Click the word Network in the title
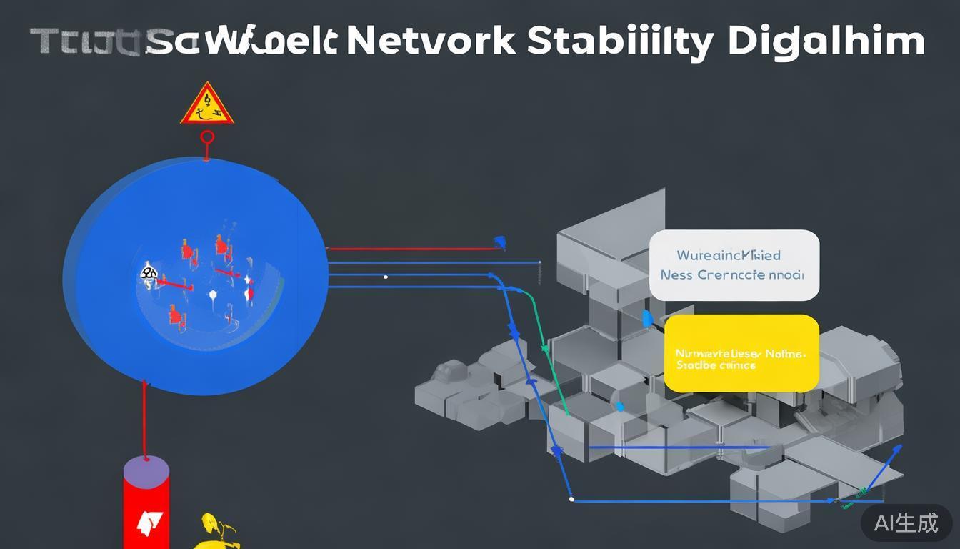pos(430,41)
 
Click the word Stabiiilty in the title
pos(620,41)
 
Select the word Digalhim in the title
pos(826,41)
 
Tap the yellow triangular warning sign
pos(206,105)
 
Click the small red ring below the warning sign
pos(207,137)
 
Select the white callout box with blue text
pos(734,264)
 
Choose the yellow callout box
pos(741,353)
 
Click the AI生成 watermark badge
pos(906,523)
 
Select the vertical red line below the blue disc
pos(145,422)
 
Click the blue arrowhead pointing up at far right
pos(896,450)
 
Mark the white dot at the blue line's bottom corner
pos(571,499)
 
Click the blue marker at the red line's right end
pos(501,242)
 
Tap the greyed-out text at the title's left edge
pos(86,41)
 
